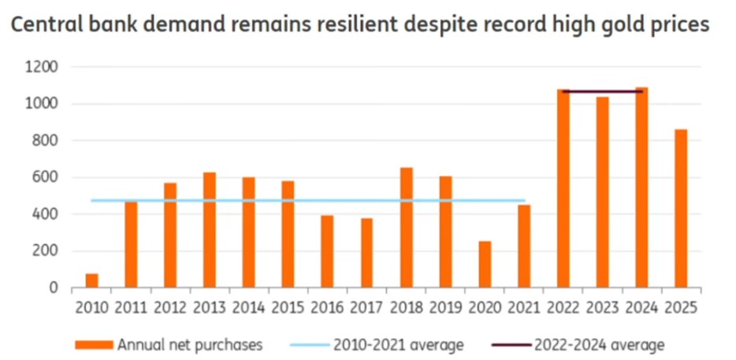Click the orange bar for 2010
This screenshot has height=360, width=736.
pyautogui.click(x=91, y=280)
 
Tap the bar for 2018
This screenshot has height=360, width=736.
pyautogui.click(x=407, y=228)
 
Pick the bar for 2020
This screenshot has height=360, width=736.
pyautogui.click(x=485, y=265)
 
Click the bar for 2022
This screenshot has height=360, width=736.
pyautogui.click(x=563, y=188)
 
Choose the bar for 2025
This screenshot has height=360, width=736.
pyautogui.click(x=681, y=209)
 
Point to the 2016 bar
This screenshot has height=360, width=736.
pyautogui.click(x=328, y=251)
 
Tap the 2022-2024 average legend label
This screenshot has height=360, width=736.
pyautogui.click(x=599, y=344)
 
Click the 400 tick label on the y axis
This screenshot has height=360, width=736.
pyautogui.click(x=45, y=214)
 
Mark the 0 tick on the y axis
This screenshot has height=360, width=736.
pyautogui.click(x=54, y=288)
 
